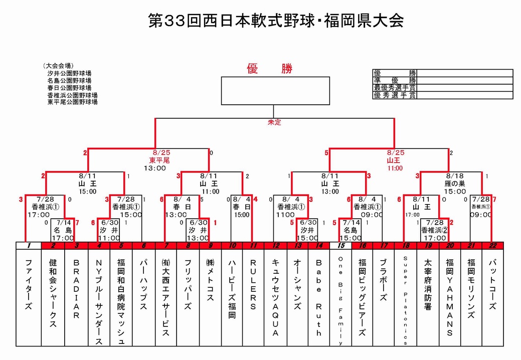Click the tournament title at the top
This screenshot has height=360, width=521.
click(x=276, y=21)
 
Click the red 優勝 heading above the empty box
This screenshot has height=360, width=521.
click(x=269, y=69)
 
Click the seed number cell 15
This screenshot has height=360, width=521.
click(x=341, y=246)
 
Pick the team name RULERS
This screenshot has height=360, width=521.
click(x=253, y=284)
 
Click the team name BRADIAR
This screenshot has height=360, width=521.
click(x=76, y=289)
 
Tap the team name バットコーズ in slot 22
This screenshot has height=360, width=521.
click(x=493, y=284)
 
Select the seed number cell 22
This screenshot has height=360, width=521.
click(x=492, y=246)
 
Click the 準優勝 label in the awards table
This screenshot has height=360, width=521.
click(x=395, y=80)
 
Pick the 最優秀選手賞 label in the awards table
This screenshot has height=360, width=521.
click(x=395, y=88)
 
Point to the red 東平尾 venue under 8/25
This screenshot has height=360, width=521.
click(x=159, y=160)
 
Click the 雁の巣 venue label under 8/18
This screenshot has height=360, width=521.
click(x=454, y=184)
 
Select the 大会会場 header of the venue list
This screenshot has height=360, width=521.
click(x=58, y=66)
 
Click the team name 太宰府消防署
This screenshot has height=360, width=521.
click(x=428, y=284)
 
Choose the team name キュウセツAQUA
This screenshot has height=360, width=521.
click(x=275, y=297)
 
